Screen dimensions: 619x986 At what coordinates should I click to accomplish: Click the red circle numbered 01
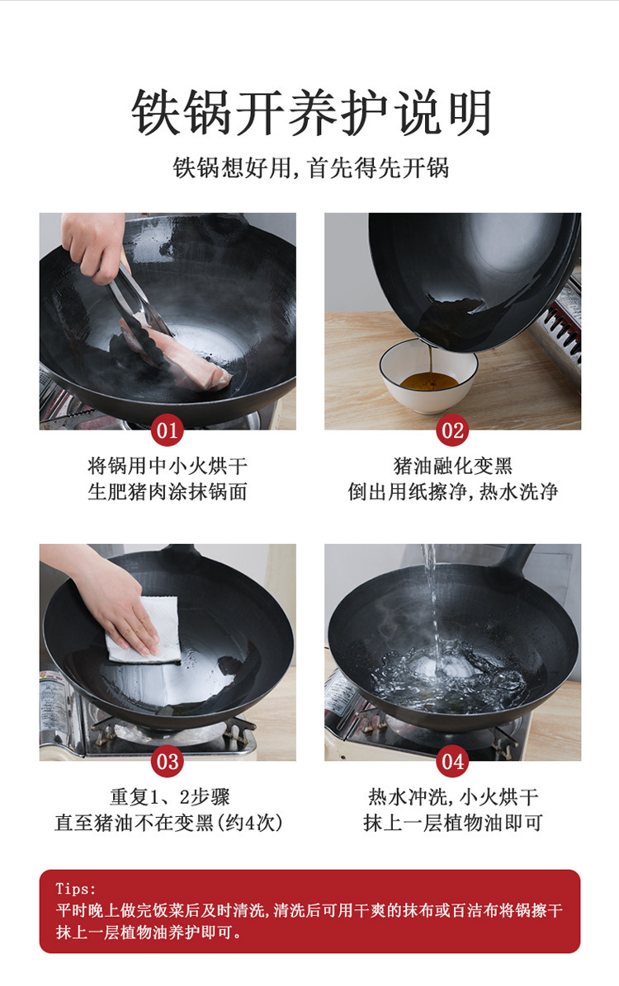167,430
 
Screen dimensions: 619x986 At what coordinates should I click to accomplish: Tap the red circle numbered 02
452,430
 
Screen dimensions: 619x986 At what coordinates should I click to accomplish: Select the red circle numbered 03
167,762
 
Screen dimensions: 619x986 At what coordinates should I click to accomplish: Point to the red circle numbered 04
452,762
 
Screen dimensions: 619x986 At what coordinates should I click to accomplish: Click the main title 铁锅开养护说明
311,113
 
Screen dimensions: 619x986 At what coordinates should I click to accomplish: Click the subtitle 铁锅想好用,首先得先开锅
311,168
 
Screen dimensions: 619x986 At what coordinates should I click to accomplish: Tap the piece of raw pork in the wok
189,359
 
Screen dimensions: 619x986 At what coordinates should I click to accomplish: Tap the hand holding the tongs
94,242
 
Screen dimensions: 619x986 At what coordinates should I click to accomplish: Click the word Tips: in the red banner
76,889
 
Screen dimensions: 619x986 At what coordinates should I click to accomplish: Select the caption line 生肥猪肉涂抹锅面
167,491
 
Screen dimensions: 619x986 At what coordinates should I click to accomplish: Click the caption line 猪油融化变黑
452,465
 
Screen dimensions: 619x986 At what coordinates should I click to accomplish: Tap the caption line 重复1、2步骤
170,796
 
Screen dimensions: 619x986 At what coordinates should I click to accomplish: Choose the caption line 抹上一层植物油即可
452,823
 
